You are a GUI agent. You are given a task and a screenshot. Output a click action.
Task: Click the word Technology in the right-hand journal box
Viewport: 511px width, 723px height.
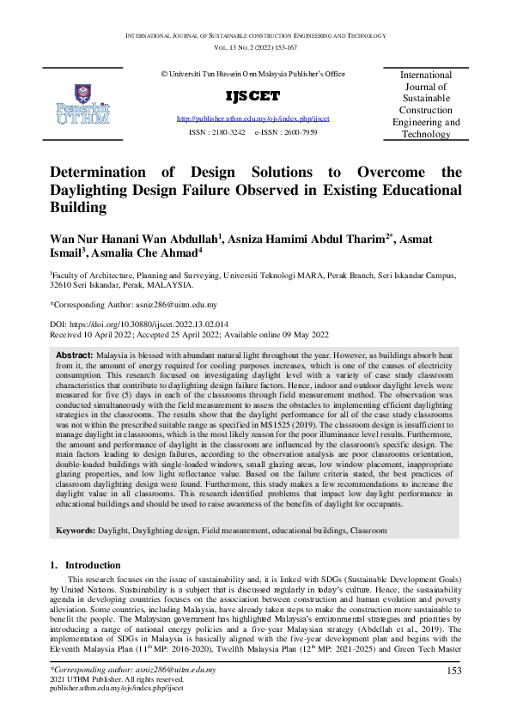pos(426,134)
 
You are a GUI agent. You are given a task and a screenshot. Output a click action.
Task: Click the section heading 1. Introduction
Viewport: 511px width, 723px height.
pos(82,566)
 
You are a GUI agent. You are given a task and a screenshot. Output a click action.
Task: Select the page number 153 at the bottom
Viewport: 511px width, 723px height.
pos(454,671)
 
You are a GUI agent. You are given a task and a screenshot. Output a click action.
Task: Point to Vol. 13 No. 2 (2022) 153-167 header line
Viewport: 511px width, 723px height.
pos(255,48)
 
